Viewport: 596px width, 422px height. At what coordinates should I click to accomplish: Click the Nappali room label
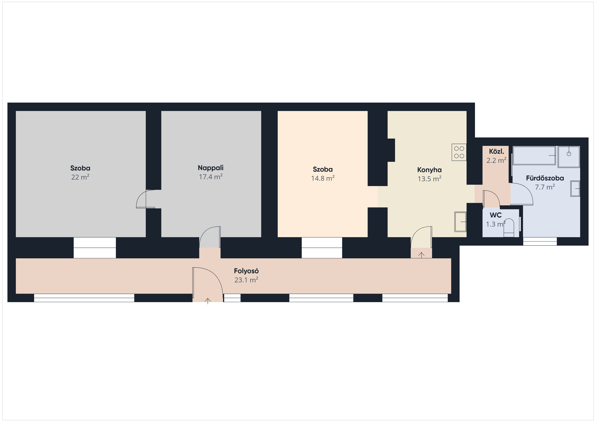point(210,168)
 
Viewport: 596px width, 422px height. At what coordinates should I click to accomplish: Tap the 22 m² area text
point(80,177)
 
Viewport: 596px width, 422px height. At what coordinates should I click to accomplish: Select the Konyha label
point(429,170)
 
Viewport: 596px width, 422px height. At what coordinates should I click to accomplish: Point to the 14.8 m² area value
point(323,178)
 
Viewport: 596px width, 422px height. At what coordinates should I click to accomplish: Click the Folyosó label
point(246,271)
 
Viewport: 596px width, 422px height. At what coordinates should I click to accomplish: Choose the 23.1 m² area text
point(246,280)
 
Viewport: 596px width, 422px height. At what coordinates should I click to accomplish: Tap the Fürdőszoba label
point(545,178)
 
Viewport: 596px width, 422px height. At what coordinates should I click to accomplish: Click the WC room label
point(495,215)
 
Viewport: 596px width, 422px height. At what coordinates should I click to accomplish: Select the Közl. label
point(496,151)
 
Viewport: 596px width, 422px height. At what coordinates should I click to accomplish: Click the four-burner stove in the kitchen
point(459,152)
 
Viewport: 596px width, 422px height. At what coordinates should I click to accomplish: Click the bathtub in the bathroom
point(534,155)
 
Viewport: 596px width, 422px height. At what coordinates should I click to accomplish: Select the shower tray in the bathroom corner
point(569,157)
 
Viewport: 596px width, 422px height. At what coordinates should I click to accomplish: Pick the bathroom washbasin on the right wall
point(575,188)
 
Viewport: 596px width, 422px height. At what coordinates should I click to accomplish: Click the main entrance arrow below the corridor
point(208,301)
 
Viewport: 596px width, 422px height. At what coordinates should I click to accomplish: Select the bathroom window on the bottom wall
point(540,241)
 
